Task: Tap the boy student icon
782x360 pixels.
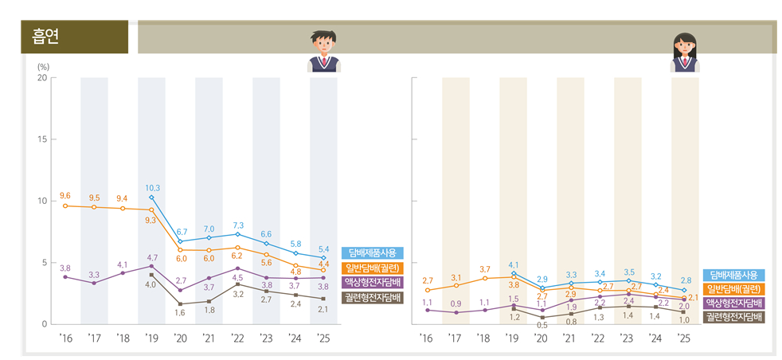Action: click(x=323, y=51)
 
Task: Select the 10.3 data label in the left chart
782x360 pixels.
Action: click(x=152, y=188)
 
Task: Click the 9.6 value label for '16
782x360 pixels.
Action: click(x=65, y=196)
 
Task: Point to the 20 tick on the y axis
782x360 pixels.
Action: click(x=41, y=78)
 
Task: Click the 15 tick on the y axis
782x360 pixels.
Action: click(x=41, y=139)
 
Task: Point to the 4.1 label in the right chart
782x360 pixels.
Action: click(x=513, y=264)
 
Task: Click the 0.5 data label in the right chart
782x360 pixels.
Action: click(x=542, y=325)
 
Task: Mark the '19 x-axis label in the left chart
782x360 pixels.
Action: click(x=151, y=338)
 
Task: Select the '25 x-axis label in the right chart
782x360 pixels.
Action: click(x=683, y=338)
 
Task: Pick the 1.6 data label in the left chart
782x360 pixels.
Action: click(x=181, y=313)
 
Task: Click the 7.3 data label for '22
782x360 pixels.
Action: click(x=238, y=225)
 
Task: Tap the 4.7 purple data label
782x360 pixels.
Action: click(x=152, y=258)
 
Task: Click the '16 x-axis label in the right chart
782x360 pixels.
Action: click(x=427, y=338)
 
